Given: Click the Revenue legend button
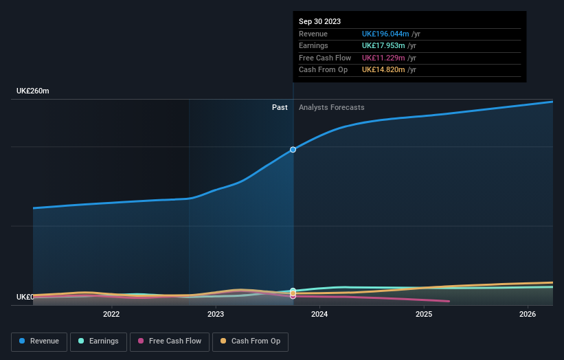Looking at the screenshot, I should (x=39, y=341).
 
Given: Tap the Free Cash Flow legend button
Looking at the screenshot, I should (x=169, y=341).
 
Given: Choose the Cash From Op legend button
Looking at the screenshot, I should (x=251, y=341).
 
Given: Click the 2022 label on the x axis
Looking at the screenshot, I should (x=111, y=315).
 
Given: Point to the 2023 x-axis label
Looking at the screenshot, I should (x=216, y=315).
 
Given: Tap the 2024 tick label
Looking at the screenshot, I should (x=319, y=315).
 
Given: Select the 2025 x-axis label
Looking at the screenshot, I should (x=424, y=315).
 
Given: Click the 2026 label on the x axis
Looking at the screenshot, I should (x=528, y=315).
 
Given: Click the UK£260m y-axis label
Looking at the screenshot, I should (x=33, y=91).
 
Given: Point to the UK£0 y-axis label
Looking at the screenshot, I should (x=25, y=297).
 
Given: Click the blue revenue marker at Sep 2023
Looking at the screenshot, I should (x=293, y=149).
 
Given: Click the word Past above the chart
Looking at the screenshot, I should (x=280, y=108).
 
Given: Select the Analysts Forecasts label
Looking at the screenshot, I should (x=331, y=108).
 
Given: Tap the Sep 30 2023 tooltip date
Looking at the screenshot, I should (x=319, y=22).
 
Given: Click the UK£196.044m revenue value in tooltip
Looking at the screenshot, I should (x=385, y=34).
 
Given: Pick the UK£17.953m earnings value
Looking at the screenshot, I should (x=383, y=46).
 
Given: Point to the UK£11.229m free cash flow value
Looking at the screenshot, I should (x=383, y=58).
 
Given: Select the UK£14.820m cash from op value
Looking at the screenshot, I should (x=383, y=70).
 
